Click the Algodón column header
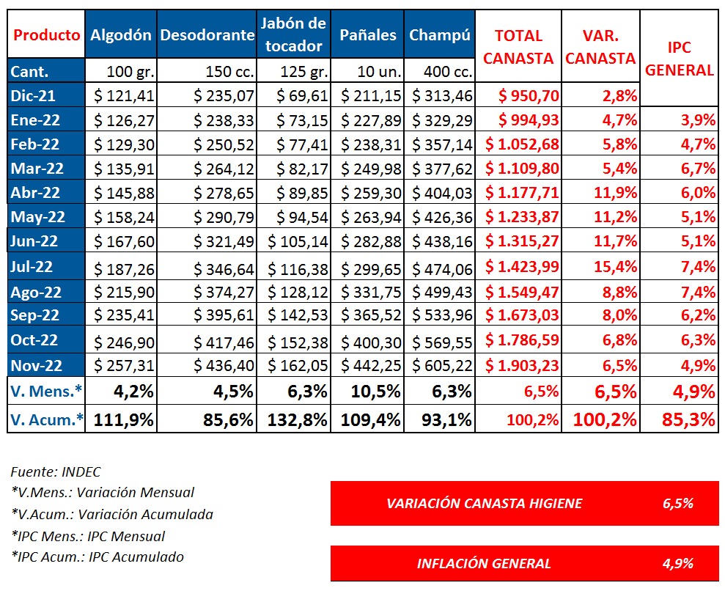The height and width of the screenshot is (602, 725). pyautogui.click(x=121, y=34)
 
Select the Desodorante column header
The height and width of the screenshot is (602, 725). pyautogui.click(x=207, y=34)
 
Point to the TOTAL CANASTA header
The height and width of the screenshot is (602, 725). pyautogui.click(x=518, y=47)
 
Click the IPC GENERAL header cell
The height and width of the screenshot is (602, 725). pyautogui.click(x=679, y=59)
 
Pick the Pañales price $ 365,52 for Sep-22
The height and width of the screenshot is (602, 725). pyautogui.click(x=371, y=316)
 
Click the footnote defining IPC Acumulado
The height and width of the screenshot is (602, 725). pyautogui.click(x=97, y=557)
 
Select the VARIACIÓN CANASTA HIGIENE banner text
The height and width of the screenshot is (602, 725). pyautogui.click(x=484, y=503)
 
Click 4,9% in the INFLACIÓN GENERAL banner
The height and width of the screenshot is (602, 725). pyautogui.click(x=678, y=563)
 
